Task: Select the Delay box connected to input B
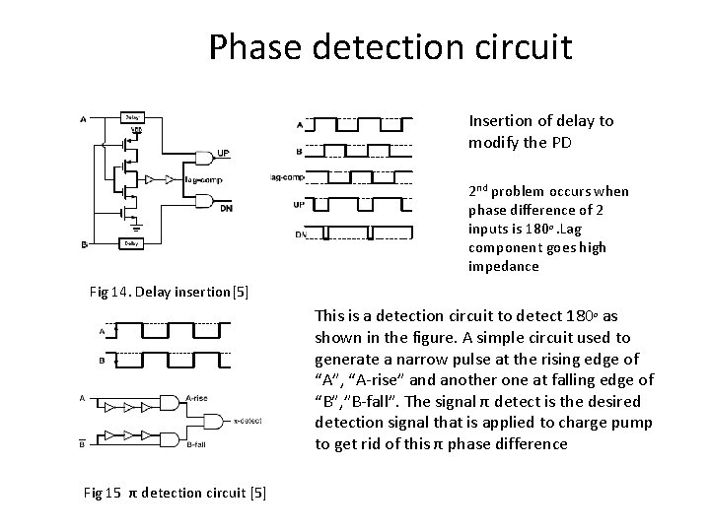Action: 131,242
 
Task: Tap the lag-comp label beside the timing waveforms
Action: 286,177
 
